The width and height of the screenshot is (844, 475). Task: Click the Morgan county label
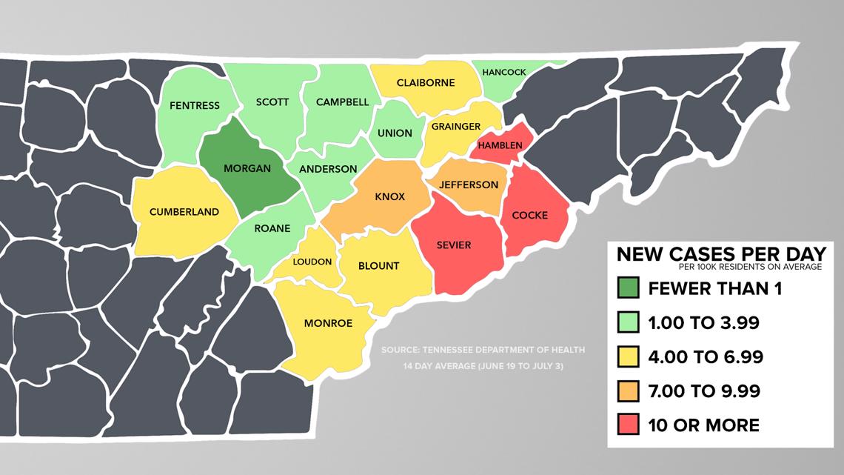(x=247, y=168)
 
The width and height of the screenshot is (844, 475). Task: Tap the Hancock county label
(x=503, y=72)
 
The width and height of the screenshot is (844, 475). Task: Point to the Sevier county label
(x=454, y=245)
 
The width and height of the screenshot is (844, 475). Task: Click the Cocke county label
(x=530, y=215)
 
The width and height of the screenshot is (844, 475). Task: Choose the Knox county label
(x=389, y=198)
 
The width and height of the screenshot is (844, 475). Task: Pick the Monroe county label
(x=328, y=323)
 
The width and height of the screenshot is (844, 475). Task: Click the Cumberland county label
(x=184, y=212)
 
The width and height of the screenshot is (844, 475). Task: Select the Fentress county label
(x=195, y=105)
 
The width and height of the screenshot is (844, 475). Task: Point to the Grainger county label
(x=456, y=126)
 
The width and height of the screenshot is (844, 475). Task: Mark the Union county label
(x=395, y=133)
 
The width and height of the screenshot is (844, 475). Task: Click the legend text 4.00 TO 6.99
(x=706, y=357)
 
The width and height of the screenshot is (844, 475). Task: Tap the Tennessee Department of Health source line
(x=483, y=350)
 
